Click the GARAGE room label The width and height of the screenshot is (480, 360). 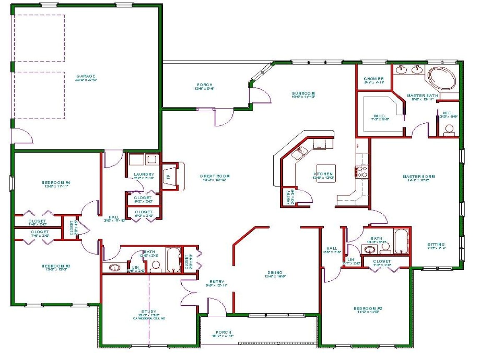(x=86, y=76)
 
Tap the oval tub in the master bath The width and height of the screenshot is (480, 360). (x=442, y=78)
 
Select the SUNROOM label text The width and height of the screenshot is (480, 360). (x=303, y=93)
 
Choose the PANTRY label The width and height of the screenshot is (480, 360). (x=288, y=197)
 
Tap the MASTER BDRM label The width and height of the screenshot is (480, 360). (x=419, y=176)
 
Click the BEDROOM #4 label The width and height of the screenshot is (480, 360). (x=56, y=182)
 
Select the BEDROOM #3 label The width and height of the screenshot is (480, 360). (x=56, y=266)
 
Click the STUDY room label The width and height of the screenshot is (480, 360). (x=149, y=312)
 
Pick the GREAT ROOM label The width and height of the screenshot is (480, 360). (x=215, y=176)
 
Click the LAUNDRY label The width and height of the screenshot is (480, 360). (x=144, y=175)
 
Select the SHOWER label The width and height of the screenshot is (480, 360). (x=374, y=79)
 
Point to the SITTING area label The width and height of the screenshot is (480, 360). (x=436, y=245)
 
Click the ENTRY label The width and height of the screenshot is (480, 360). (x=216, y=282)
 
